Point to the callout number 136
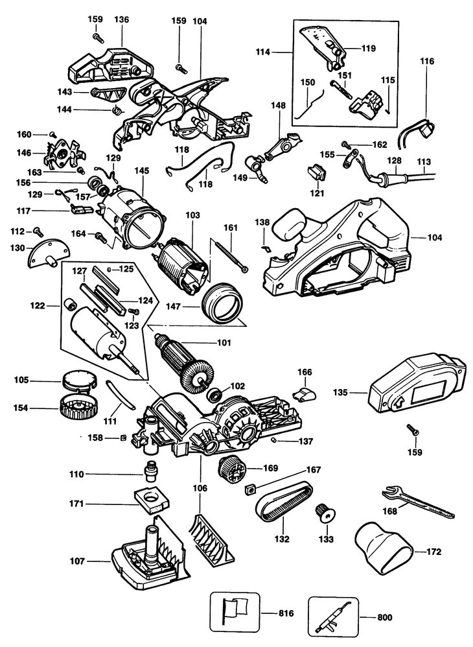point(121,20)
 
